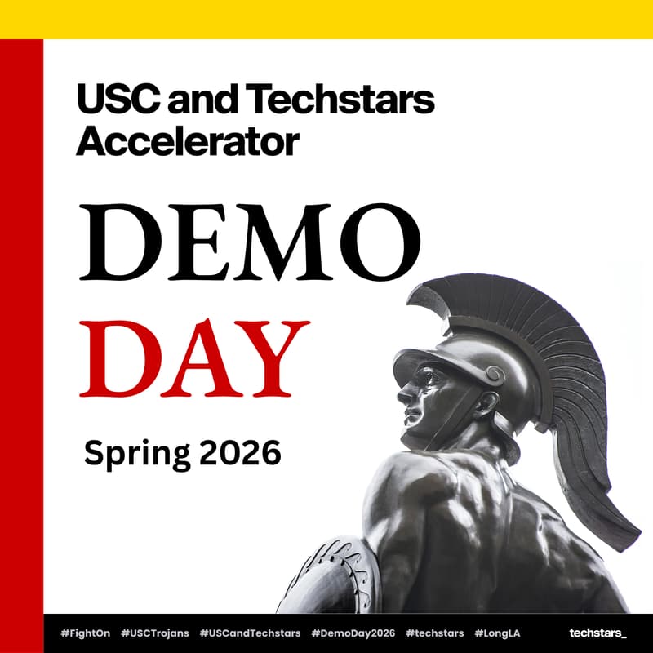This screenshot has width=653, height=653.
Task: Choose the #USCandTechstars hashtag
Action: coord(250,633)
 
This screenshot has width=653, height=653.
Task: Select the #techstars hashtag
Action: coord(435,633)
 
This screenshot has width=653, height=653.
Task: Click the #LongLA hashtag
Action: coord(497,633)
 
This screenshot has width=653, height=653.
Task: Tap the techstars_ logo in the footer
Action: coord(597,633)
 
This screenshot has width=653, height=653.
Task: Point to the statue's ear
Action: coord(487,402)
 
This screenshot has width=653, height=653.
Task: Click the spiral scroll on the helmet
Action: coord(493,375)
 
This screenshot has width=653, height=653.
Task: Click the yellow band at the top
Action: coord(326,19)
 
